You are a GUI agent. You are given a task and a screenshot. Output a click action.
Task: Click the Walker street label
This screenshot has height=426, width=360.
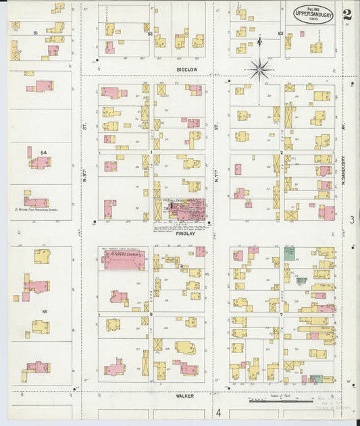(x=185, y=396)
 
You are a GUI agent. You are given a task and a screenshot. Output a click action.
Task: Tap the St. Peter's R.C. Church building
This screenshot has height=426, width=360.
(x=124, y=260)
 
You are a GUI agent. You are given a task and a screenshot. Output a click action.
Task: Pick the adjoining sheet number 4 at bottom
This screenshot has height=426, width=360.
(x=218, y=412)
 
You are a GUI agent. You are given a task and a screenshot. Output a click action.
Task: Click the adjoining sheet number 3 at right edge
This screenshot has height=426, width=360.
(x=351, y=219)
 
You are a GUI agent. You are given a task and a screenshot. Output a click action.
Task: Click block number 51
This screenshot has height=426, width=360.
(x=34, y=32)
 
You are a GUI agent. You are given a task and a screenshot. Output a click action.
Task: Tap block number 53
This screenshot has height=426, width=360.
(x=280, y=32)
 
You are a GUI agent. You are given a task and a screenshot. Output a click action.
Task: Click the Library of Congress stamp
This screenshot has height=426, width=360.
(x=332, y=403)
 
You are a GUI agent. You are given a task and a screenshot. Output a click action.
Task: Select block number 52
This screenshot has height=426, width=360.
(x=150, y=32)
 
